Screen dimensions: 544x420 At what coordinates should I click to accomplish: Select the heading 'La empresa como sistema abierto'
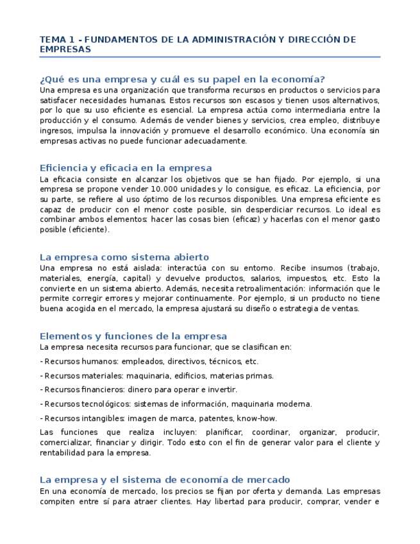(x=124, y=257)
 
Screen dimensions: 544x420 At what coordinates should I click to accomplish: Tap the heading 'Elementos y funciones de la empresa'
(x=133, y=336)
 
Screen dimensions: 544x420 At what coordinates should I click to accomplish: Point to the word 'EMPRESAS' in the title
(x=65, y=49)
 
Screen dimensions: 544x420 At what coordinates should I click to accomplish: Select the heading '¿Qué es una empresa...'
(x=183, y=80)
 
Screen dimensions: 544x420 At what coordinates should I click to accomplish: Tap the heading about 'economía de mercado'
(x=165, y=480)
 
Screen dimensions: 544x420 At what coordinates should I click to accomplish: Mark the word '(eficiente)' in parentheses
(x=89, y=230)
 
